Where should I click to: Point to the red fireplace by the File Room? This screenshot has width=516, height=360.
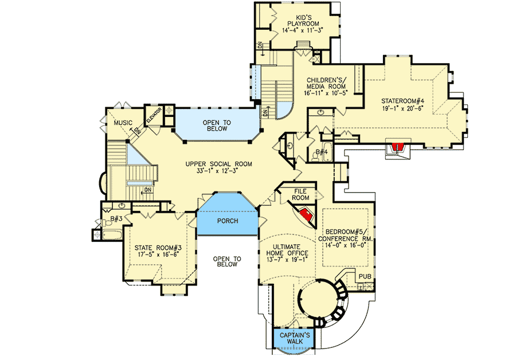pos(307,214)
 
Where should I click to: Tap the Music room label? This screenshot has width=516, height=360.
pos(123,123)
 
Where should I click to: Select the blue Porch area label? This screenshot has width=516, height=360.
pos(226,221)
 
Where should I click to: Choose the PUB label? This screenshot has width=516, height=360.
pos(364,277)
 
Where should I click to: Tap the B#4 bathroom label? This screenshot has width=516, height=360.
pos(321,152)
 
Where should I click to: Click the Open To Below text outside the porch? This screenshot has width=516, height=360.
pos(226,262)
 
